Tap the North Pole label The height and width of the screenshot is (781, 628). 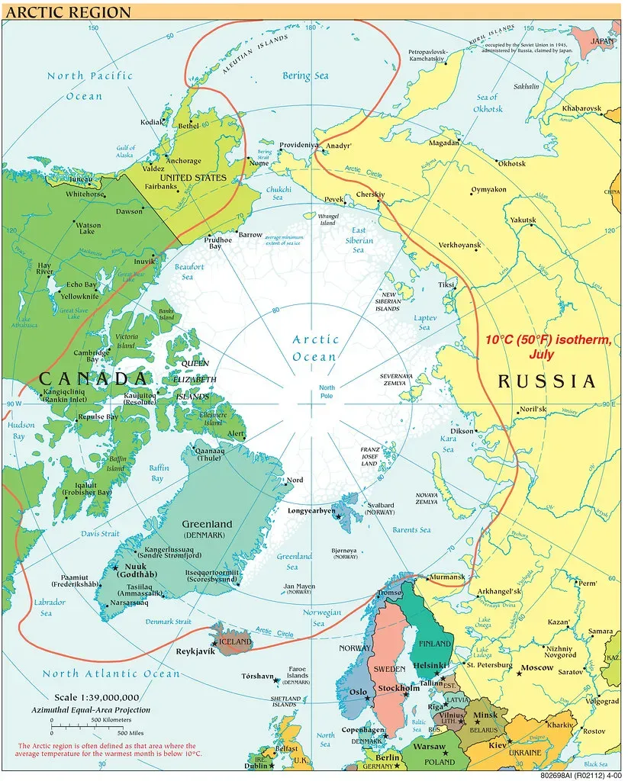click(x=327, y=393)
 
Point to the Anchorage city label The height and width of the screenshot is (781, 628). click(x=183, y=161)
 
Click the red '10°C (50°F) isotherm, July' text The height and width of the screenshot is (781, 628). click(x=549, y=348)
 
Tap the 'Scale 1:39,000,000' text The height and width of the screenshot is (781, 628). click(x=96, y=697)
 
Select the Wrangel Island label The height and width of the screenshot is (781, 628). click(x=327, y=220)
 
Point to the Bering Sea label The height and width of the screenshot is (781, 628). click(x=306, y=76)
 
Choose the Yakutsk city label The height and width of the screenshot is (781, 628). click(x=523, y=220)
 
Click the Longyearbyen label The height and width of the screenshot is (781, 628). click(x=311, y=510)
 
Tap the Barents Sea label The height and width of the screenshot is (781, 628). click(x=411, y=530)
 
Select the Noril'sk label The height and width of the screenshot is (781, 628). click(x=533, y=410)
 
